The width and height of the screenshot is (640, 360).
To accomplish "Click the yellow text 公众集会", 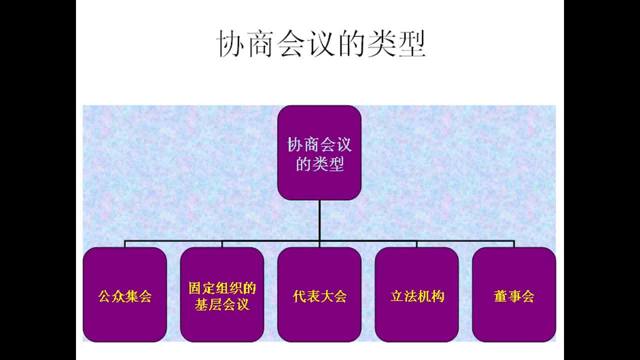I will coord(124,296).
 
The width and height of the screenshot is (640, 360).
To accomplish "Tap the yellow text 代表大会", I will coord(319,296).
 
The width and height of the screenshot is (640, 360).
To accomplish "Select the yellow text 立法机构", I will coord(417,296).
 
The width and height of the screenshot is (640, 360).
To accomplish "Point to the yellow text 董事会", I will coord(514,296).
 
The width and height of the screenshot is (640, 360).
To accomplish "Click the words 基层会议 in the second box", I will coord(222,304).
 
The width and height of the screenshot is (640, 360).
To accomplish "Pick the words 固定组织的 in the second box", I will coord(222,288).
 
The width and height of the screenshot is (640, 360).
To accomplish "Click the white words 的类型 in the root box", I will coord(319,164).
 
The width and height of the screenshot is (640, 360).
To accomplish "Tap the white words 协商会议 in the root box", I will coord(319,145).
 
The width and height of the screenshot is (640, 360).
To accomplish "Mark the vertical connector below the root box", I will coord(319,220).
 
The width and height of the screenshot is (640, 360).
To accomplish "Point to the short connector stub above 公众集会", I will coord(125,244).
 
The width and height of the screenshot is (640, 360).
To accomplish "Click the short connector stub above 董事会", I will coord(514,244).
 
